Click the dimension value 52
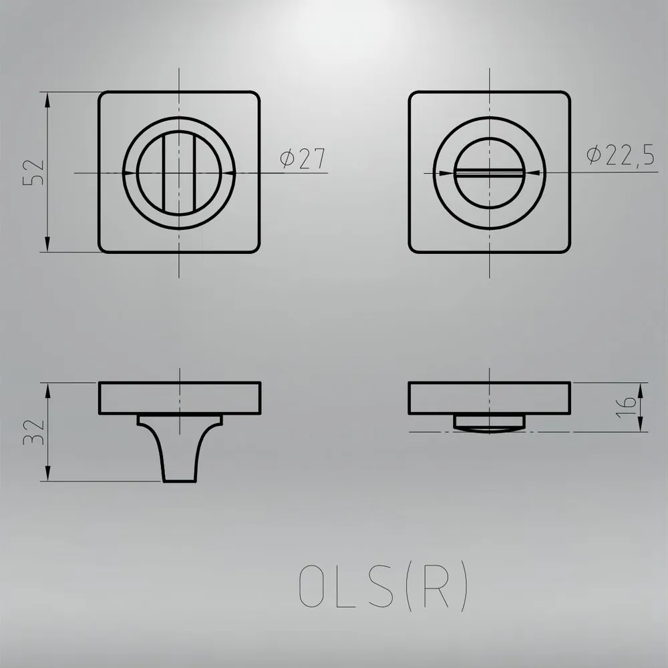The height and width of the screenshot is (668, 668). (33, 172)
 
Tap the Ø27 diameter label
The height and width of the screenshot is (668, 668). (303, 158)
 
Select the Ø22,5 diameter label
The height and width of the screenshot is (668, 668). (621, 155)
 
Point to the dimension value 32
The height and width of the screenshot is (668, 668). (33, 432)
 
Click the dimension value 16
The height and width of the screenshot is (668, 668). (627, 407)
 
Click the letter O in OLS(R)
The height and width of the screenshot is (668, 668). (310, 587)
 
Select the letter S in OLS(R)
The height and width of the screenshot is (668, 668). (380, 587)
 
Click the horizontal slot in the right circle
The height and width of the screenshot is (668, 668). (489, 172)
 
